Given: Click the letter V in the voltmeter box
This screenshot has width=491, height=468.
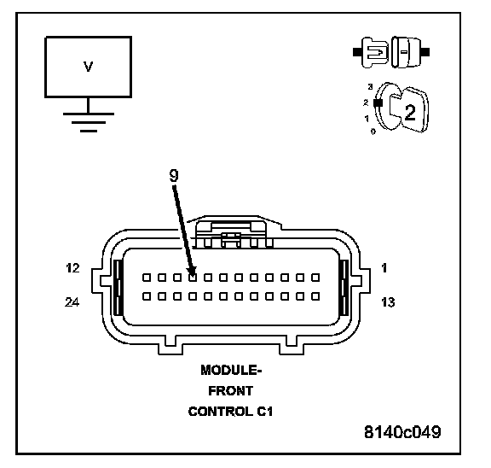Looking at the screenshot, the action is [89, 67].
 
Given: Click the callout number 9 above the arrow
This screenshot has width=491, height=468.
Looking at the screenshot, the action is [174, 175].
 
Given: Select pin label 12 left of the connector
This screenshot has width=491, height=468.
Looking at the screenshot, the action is [72, 268].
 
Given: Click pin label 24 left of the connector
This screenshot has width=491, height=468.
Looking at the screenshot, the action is [72, 302].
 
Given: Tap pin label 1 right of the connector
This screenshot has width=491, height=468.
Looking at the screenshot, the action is [384, 268].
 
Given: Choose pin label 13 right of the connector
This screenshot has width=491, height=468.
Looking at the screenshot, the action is [388, 302].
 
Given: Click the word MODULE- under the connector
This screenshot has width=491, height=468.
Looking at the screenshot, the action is [231, 370].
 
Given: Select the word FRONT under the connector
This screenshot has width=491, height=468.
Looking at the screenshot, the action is [231, 391].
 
